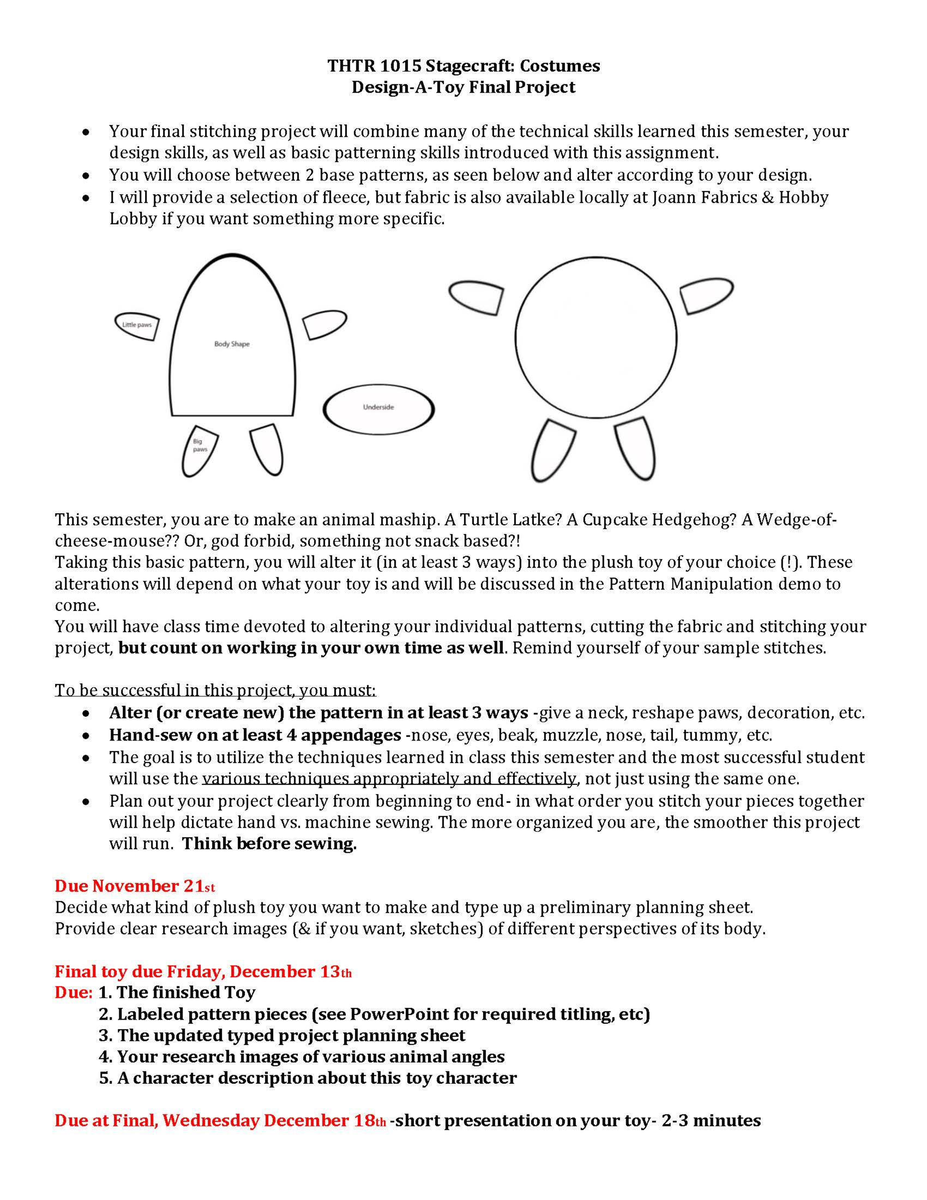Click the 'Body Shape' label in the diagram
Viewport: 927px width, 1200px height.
click(x=232, y=344)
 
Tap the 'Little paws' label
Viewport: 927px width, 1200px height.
click(x=137, y=325)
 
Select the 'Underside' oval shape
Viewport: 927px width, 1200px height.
click(x=378, y=407)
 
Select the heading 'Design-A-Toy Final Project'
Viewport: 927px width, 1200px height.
click(x=463, y=87)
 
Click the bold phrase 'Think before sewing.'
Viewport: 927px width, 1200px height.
click(x=269, y=843)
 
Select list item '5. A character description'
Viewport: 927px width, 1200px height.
click(x=308, y=1078)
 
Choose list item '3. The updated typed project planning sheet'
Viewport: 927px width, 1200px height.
click(x=282, y=1035)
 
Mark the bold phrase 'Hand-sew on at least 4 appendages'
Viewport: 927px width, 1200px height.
click(x=255, y=735)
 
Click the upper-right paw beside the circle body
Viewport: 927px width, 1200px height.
click(x=707, y=295)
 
